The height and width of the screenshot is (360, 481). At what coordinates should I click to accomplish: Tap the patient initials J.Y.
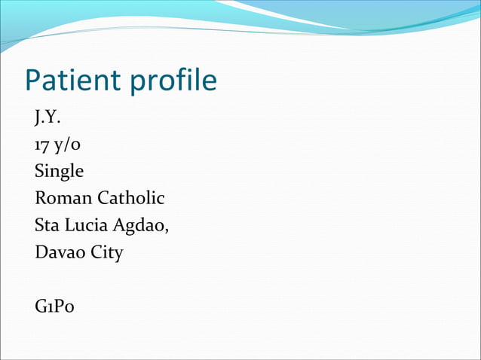click(x=46, y=117)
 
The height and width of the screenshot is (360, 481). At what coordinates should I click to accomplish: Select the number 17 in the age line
click(x=41, y=145)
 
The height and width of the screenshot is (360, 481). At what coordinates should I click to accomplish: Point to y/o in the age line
click(x=61, y=145)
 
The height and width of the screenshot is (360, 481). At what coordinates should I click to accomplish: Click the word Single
click(x=59, y=172)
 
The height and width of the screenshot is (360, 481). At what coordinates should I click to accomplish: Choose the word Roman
click(x=63, y=198)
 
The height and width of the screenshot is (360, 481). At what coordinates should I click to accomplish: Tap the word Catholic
click(x=131, y=198)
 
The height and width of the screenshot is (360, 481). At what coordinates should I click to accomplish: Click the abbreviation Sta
click(x=47, y=225)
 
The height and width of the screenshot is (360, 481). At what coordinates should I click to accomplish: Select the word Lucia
click(x=87, y=225)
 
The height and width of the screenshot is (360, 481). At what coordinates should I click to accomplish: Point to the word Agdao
click(x=142, y=226)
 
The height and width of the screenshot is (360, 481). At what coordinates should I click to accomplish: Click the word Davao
click(x=60, y=252)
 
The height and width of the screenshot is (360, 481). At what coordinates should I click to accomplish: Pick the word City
click(x=107, y=253)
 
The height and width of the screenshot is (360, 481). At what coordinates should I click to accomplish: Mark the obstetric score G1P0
click(x=55, y=307)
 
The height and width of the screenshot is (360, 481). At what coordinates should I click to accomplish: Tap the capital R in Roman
click(x=41, y=198)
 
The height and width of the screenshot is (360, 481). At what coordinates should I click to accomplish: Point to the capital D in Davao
click(x=41, y=252)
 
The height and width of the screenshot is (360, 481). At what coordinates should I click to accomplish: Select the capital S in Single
click(x=39, y=172)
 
